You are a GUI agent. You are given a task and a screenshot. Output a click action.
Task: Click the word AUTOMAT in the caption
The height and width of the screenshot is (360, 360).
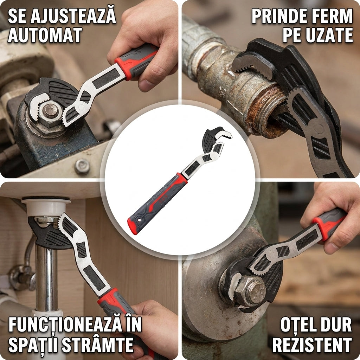tap(45, 35)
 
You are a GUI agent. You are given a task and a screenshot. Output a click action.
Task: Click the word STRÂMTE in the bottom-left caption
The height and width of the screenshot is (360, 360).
tap(98, 345)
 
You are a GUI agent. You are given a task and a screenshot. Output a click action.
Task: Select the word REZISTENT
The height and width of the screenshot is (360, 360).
tap(312, 345)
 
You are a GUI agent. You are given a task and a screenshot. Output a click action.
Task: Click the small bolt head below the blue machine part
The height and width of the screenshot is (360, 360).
tap(82, 166)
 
